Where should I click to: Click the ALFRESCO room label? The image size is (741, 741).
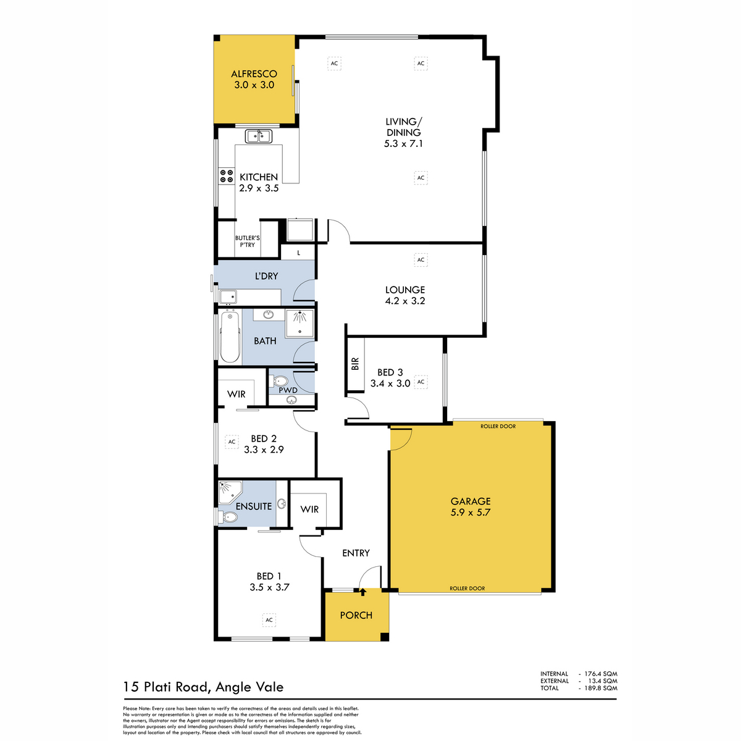pyautogui.click(x=254, y=74)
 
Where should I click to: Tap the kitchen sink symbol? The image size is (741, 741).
pyautogui.click(x=259, y=136)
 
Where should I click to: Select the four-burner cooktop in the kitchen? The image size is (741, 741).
pyautogui.click(x=227, y=176)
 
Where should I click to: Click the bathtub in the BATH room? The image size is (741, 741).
pyautogui.click(x=230, y=337)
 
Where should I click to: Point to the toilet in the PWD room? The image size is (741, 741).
pyautogui.click(x=280, y=382)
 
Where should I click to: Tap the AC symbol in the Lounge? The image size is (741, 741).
pyautogui.click(x=421, y=260)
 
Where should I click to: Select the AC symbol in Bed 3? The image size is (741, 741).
pyautogui.click(x=421, y=382)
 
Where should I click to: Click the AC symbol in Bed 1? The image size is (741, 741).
pyautogui.click(x=269, y=620)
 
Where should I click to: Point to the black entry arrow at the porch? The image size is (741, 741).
pyautogui.click(x=362, y=593)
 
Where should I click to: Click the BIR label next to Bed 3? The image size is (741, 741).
pyautogui.click(x=355, y=364)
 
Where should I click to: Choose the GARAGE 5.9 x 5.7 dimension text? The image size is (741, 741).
pyautogui.click(x=471, y=512)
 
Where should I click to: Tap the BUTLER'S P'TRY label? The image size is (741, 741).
pyautogui.click(x=247, y=241)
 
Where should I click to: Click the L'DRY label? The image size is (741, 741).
pyautogui.click(x=266, y=275)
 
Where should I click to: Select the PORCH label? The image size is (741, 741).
pyautogui.click(x=356, y=615)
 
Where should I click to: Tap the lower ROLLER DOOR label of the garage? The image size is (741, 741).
pyautogui.click(x=467, y=588)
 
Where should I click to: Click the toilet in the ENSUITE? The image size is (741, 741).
pyautogui.click(x=228, y=517)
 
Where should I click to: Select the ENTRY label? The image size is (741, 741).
pyautogui.click(x=356, y=553)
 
